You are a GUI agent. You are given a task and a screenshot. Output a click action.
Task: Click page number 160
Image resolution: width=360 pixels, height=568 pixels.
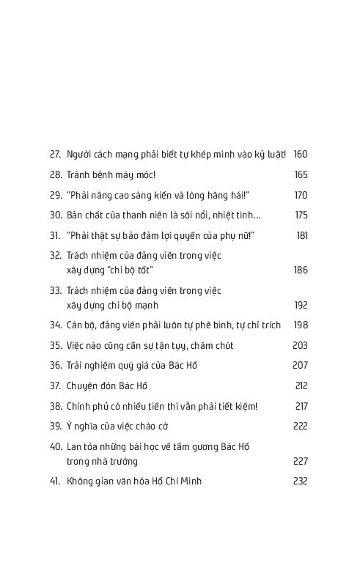[301, 155]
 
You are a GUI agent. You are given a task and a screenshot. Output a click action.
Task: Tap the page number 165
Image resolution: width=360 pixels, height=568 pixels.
[301, 175]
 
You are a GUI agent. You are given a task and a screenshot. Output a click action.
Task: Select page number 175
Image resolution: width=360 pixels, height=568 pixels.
[301, 215]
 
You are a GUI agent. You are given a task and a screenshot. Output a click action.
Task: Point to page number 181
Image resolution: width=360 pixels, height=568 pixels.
[302, 235]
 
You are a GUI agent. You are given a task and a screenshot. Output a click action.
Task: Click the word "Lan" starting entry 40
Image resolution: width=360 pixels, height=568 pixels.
[74, 446]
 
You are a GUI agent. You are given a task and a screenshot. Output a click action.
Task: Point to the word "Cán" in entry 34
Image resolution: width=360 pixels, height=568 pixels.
[75, 325]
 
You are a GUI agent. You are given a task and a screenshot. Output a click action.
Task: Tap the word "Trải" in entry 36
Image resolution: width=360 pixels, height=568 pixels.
[76, 366]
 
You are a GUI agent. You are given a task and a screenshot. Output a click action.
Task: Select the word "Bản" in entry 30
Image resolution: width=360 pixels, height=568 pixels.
[76, 215]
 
